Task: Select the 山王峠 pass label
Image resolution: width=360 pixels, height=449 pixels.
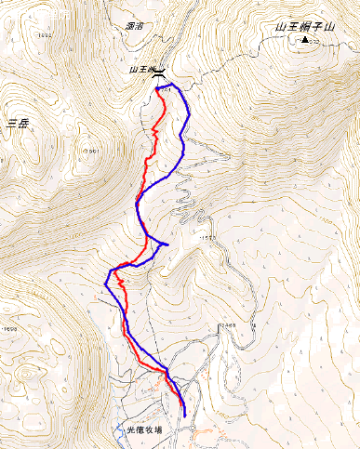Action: coord(140,70)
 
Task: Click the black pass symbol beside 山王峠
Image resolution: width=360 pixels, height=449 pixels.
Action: coord(160,72)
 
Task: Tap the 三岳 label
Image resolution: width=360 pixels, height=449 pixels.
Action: coord(19,124)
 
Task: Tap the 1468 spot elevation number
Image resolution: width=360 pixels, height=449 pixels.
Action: coord(227,324)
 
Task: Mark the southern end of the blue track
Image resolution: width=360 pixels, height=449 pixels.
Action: coord(184,415)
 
